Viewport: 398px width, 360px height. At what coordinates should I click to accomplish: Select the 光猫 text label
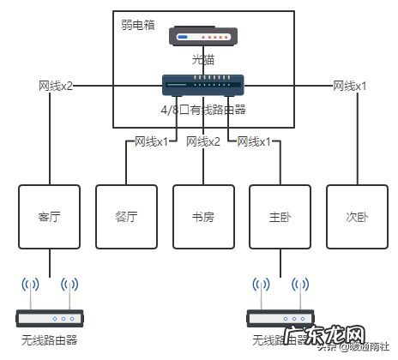(x=203, y=60)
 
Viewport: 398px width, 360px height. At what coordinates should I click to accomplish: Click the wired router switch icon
(x=203, y=85)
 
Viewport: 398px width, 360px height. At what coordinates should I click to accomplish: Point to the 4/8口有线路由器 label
(x=203, y=109)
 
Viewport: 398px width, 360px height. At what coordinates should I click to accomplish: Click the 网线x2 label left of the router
(x=56, y=87)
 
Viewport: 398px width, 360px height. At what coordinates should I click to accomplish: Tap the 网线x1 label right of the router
(x=350, y=87)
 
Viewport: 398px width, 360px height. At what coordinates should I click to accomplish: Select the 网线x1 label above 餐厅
(x=152, y=141)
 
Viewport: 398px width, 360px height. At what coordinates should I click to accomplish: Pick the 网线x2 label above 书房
(x=203, y=141)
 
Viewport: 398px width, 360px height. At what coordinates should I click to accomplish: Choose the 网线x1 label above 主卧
(x=255, y=141)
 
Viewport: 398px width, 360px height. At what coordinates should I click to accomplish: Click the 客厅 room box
(x=49, y=216)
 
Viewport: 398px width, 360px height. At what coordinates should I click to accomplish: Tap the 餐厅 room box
(x=126, y=216)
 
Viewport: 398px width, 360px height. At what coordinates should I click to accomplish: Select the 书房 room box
(x=203, y=216)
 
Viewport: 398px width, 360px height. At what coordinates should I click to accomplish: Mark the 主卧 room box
(x=280, y=216)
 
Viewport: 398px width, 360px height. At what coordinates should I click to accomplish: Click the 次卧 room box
(x=357, y=216)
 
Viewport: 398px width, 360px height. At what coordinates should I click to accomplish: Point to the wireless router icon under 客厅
(x=49, y=318)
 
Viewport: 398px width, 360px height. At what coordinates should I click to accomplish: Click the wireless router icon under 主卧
(x=280, y=318)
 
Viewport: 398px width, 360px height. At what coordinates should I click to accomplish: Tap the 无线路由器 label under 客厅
(x=49, y=340)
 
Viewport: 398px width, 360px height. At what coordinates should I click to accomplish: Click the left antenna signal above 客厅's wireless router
(x=31, y=286)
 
